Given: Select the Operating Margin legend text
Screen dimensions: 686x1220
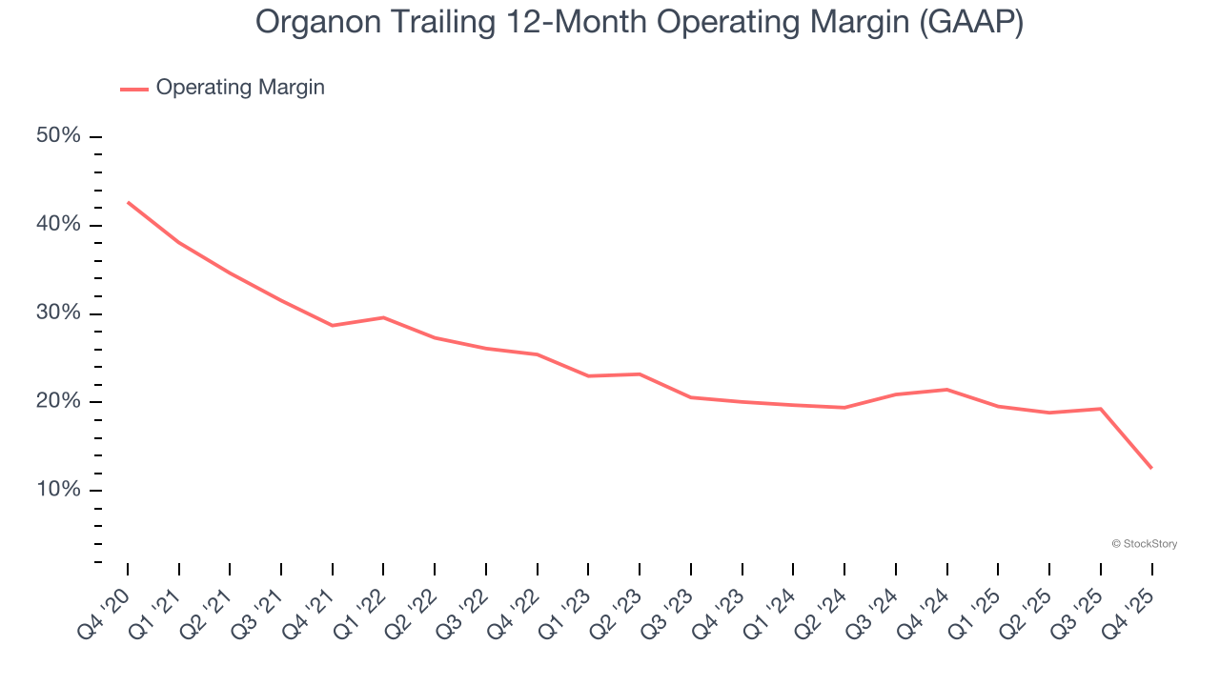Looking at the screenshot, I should pyautogui.click(x=240, y=88).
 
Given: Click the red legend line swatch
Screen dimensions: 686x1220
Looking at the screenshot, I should pyautogui.click(x=134, y=89).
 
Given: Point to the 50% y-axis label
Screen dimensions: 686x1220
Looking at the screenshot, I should pyautogui.click(x=58, y=136).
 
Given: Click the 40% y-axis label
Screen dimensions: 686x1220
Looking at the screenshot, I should pyautogui.click(x=58, y=225).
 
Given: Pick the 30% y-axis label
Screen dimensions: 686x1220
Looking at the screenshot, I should pyautogui.click(x=58, y=313).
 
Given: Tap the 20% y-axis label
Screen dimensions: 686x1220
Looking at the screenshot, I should pyautogui.click(x=58, y=401).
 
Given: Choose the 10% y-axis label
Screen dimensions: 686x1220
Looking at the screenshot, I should pyautogui.click(x=58, y=490).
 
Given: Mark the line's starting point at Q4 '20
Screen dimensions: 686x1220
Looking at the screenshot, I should pyautogui.click(x=128, y=202).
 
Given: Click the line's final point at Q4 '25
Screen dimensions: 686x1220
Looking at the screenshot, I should pyautogui.click(x=1151, y=468).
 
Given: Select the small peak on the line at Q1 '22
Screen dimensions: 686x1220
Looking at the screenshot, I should pyautogui.click(x=383, y=317).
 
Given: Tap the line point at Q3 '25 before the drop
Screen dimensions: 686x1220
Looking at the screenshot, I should pyautogui.click(x=1101, y=409).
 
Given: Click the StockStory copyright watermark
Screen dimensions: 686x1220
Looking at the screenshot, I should pyautogui.click(x=1144, y=544).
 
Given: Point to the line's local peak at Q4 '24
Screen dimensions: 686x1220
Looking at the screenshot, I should pyautogui.click(x=946, y=389).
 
